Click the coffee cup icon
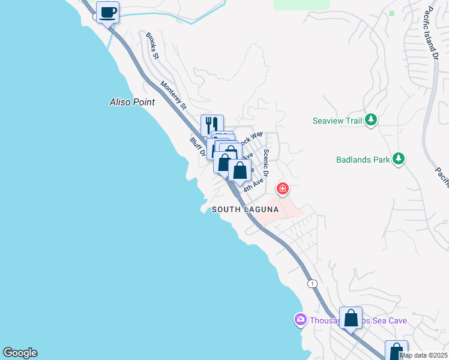[107, 12]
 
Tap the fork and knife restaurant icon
[212, 125]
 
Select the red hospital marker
[282, 189]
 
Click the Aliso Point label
[132, 102]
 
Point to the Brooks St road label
[152, 46]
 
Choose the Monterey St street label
[173, 95]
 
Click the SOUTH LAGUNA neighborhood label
[245, 209]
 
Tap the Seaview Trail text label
[337, 121]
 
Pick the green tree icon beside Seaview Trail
[371, 120]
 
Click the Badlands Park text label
[362, 160]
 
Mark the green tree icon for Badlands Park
[398, 159]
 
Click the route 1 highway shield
[311, 283]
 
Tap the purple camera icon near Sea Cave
[300, 320]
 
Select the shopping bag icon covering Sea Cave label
[351, 318]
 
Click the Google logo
[20, 353]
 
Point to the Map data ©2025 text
[423, 355]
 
